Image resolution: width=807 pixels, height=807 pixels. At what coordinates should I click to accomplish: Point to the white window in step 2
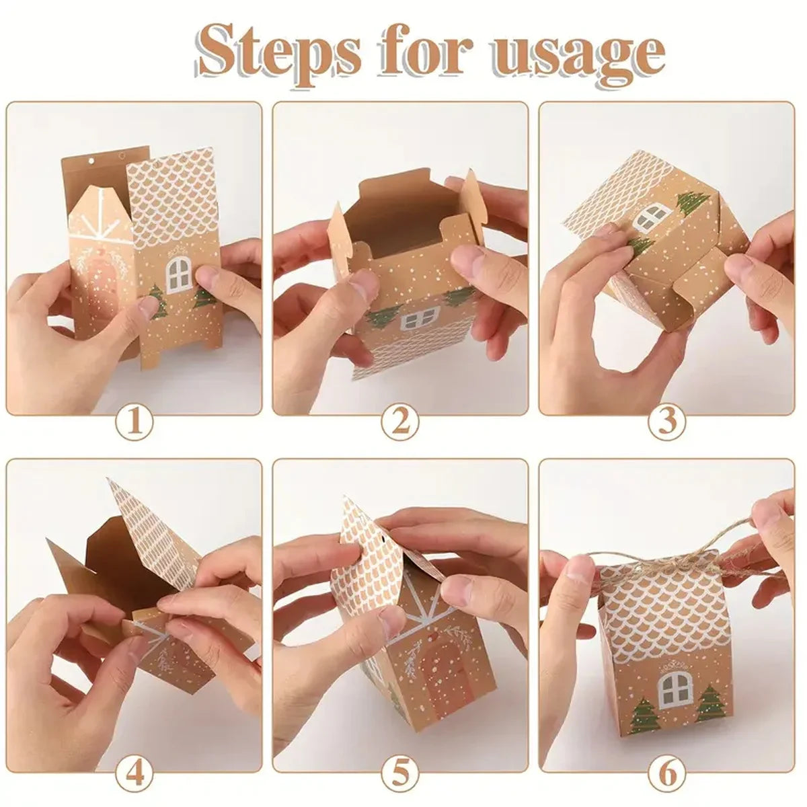pos(420,317)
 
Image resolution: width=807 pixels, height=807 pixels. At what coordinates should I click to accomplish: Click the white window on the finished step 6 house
pos(675,689)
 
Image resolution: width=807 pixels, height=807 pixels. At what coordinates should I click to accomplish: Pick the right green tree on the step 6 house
pos(709,703)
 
